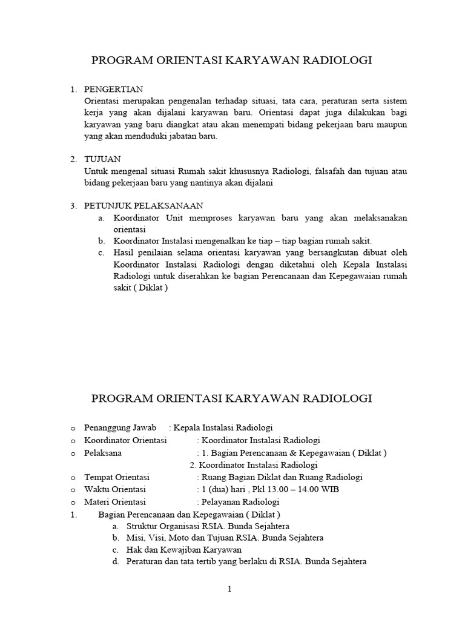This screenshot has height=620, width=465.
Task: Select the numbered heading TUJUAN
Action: coord(102,159)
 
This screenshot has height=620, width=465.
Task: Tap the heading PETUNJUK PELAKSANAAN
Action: coord(143,206)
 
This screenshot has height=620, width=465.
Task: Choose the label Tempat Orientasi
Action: coord(117,477)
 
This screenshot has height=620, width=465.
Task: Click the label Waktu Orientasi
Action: coord(115,489)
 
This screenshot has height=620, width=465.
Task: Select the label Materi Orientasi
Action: coord(115,502)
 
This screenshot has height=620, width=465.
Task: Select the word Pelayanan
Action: coord(221,502)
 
